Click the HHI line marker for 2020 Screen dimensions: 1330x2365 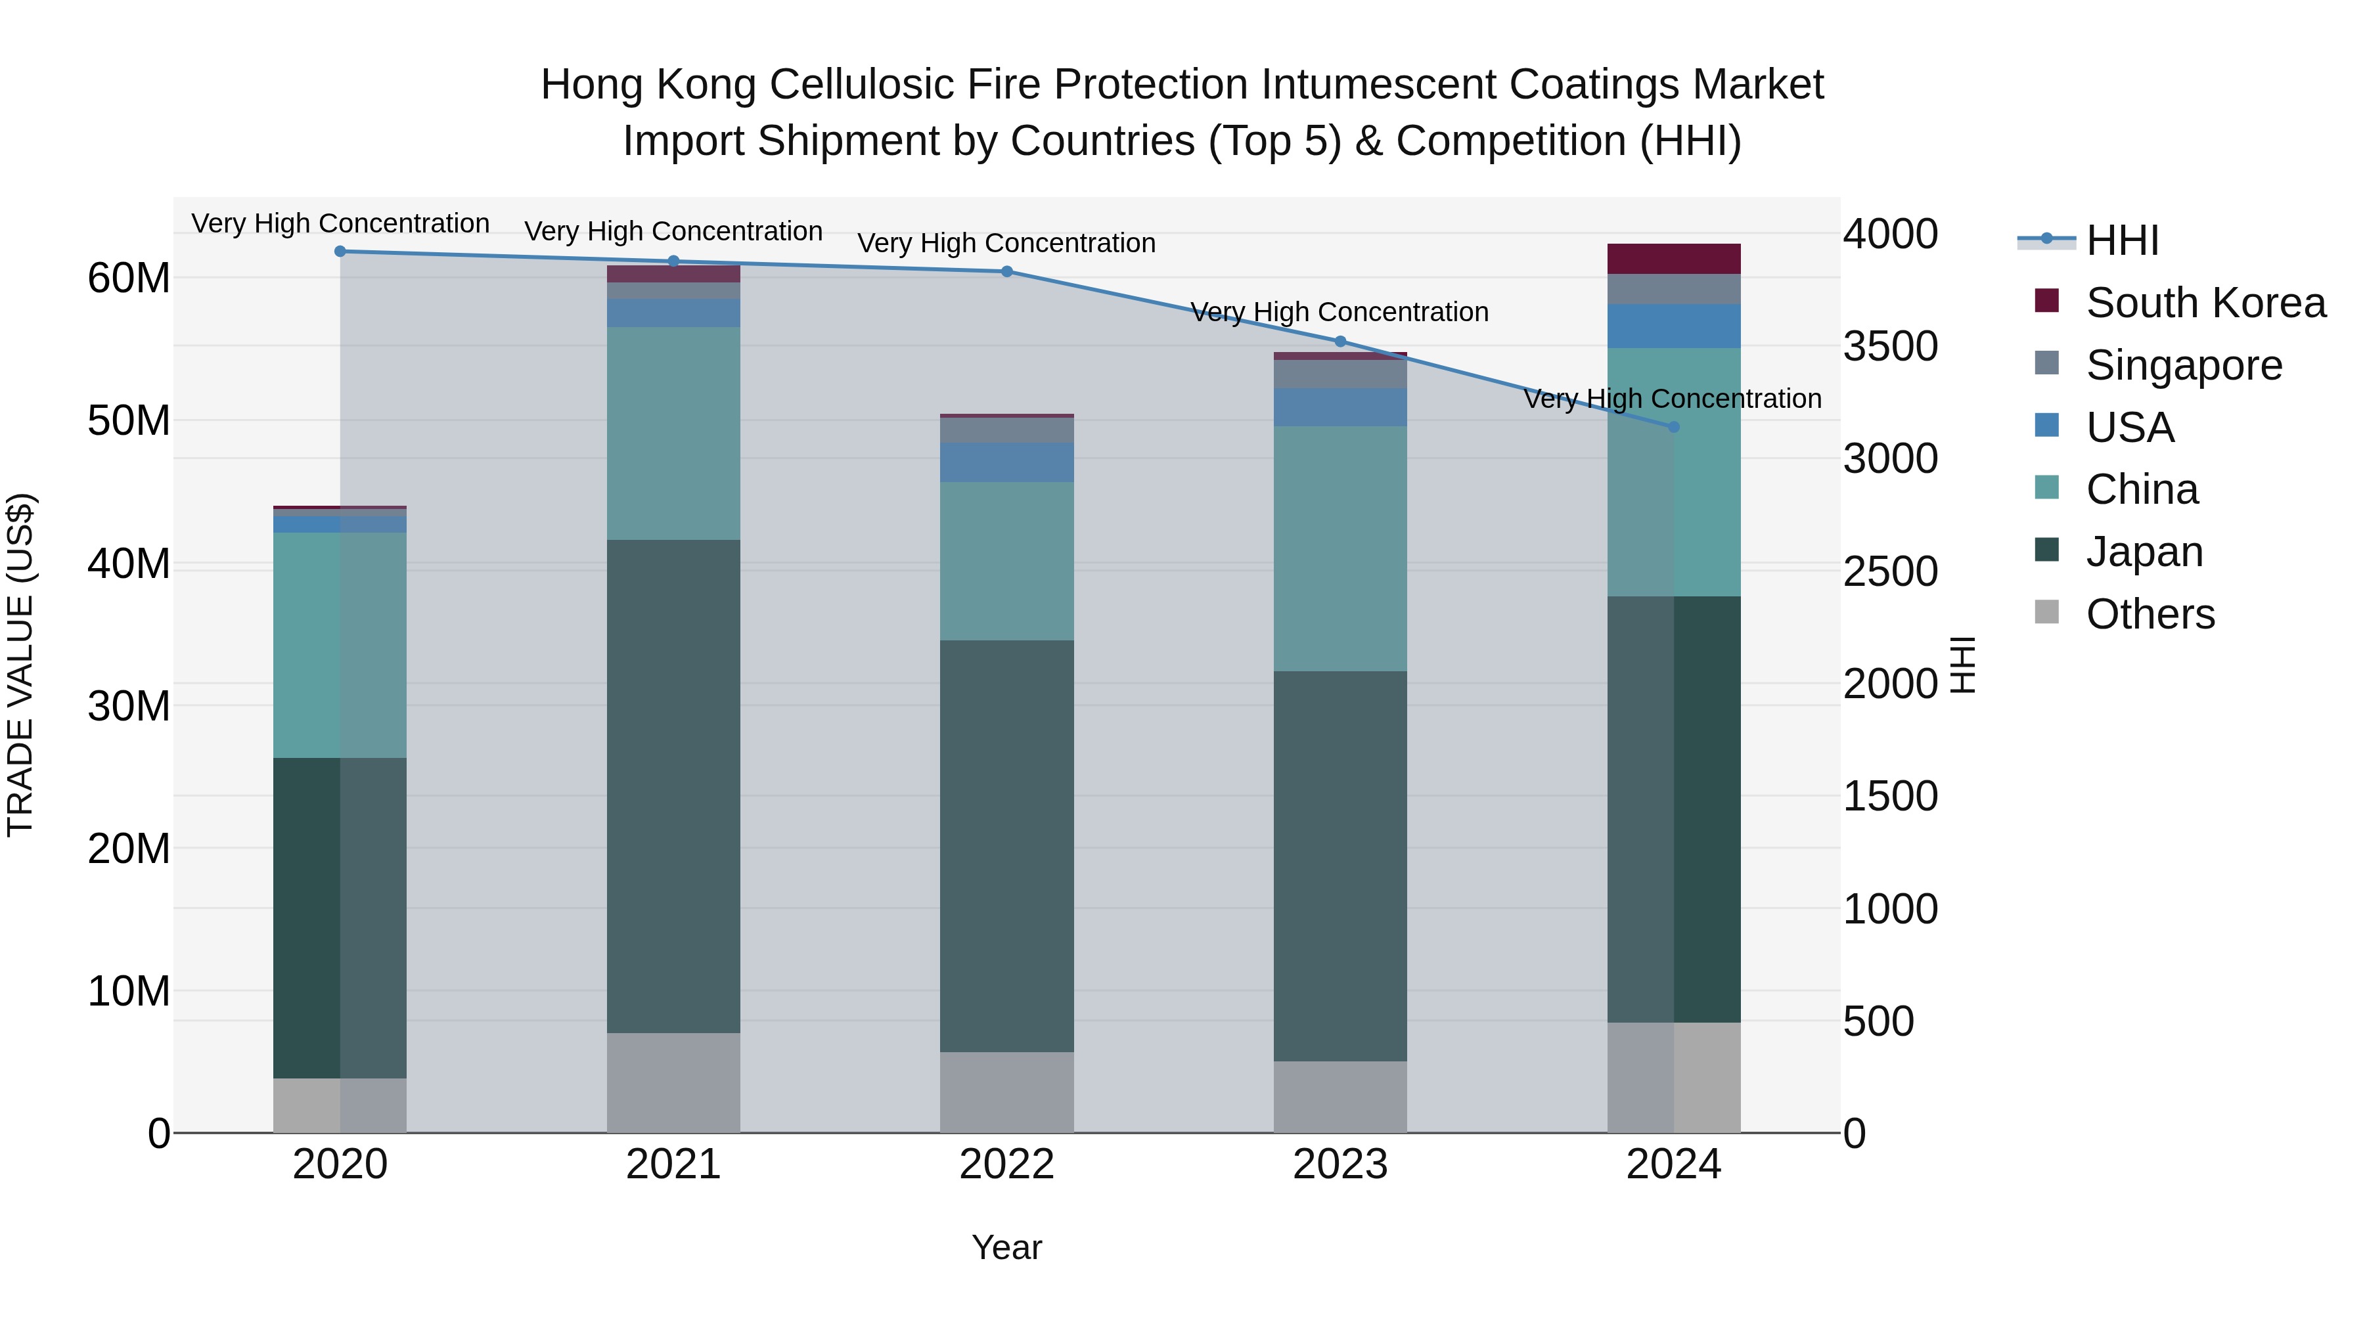click(340, 252)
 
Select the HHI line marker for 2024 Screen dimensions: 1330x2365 click(1673, 427)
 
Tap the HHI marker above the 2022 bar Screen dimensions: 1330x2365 click(1006, 272)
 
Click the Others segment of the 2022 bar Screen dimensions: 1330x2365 click(1006, 1092)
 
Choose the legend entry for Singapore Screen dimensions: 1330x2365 click(2183, 365)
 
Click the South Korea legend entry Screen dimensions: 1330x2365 click(2204, 303)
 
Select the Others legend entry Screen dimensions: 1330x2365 click(2150, 614)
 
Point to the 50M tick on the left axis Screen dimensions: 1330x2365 click(129, 420)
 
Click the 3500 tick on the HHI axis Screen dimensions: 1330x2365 click(1889, 347)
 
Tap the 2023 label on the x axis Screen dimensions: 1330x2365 click(1340, 1164)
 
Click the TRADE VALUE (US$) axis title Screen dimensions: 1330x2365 click(20, 665)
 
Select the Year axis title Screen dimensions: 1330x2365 click(1006, 1247)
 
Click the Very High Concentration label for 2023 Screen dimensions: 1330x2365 click(1339, 312)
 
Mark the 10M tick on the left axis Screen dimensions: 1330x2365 click(129, 991)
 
